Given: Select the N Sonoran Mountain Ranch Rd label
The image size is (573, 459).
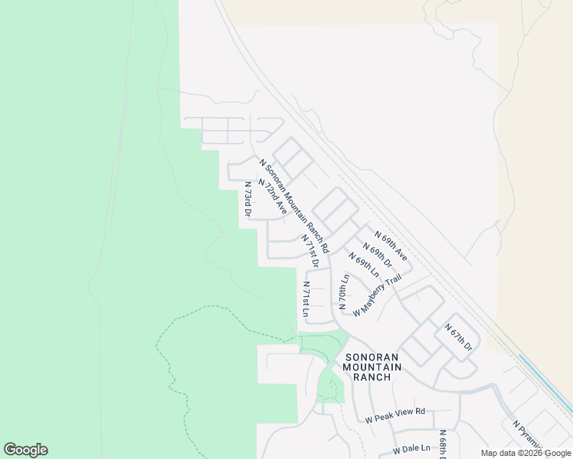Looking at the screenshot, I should tap(294, 206).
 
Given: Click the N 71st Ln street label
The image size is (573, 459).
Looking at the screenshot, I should tap(306, 298).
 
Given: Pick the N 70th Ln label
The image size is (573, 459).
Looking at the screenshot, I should tap(344, 291).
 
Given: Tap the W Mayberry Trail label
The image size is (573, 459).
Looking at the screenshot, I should tap(377, 295).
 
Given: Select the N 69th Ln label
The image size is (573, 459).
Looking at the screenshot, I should tap(364, 265).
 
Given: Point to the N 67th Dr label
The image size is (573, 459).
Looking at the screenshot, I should tap(459, 337).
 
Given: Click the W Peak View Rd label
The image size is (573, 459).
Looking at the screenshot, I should tap(395, 415).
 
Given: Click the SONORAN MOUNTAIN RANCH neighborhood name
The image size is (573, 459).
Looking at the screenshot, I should tap(372, 367).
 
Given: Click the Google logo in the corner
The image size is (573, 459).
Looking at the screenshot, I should tap(25, 450).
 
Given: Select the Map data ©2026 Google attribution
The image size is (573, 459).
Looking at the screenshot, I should tap(526, 453).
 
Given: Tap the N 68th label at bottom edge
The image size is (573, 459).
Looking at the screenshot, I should tap(443, 443).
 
